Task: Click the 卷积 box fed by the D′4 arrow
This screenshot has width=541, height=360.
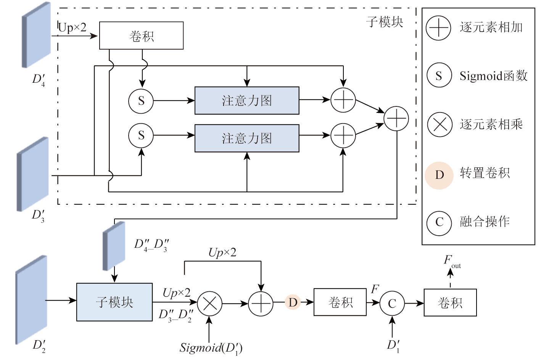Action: [x=141, y=35]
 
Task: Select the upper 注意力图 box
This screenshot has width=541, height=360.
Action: [x=247, y=101]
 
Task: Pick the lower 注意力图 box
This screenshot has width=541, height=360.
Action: [x=247, y=138]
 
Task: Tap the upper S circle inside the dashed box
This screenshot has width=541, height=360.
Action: [x=141, y=101]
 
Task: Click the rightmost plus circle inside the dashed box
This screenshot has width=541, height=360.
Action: [x=396, y=119]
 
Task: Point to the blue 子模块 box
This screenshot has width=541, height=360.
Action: [x=114, y=302]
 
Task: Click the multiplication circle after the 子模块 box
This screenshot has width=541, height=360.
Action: [x=209, y=304]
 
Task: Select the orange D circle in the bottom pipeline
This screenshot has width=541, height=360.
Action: [x=293, y=302]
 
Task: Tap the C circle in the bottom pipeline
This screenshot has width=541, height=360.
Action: [x=392, y=304]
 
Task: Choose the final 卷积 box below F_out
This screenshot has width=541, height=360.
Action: [x=450, y=303]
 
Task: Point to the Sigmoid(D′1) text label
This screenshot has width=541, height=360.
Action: [x=211, y=348]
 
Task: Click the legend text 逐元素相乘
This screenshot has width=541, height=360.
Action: [x=491, y=124]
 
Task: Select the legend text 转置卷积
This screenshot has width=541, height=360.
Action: [x=485, y=173]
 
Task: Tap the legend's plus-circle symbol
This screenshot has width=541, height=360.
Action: [x=439, y=28]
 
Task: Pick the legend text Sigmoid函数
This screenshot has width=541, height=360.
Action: [x=493, y=76]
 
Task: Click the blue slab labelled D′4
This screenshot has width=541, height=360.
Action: [x=37, y=35]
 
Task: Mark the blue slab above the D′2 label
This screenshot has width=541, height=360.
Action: [x=32, y=300]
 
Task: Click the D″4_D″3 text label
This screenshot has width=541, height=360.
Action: [x=151, y=245]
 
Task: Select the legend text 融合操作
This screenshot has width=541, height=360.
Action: [x=485, y=222]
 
